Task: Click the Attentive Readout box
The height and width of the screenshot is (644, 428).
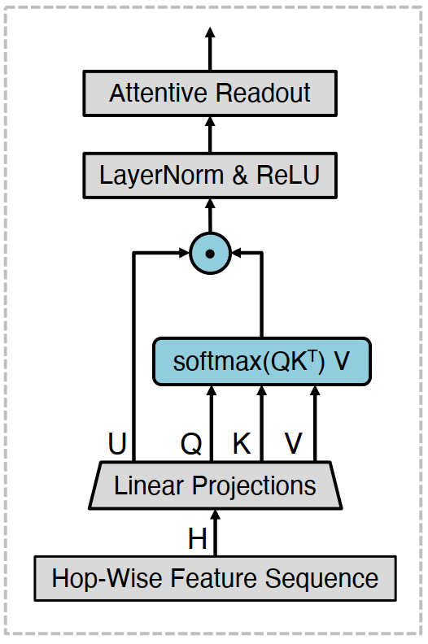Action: coord(210,94)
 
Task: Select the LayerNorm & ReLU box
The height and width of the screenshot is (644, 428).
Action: coord(210,176)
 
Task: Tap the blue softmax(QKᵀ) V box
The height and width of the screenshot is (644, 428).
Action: coord(262,361)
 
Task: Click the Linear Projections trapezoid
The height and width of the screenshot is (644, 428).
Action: coord(216,485)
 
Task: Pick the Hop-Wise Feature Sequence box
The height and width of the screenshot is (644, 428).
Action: coord(216,578)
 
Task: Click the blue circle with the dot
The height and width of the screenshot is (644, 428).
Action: coord(210,254)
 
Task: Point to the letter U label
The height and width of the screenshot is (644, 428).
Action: coord(117,444)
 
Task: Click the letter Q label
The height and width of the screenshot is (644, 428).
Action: coord(191,444)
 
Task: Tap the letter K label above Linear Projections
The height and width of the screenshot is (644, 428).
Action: coord(242,444)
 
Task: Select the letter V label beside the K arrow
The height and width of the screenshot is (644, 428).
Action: coord(294,444)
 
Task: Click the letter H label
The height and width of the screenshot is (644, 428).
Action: coord(198,539)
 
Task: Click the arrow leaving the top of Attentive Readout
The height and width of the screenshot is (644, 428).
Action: coord(210,49)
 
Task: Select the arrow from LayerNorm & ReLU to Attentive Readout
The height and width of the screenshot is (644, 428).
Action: coord(210,135)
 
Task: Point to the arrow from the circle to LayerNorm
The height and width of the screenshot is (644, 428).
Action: coord(210,216)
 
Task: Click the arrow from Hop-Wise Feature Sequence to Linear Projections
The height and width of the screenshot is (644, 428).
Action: coord(216,533)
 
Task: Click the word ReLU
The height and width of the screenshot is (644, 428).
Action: coord(288,175)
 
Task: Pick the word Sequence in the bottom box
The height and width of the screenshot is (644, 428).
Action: coord(321,579)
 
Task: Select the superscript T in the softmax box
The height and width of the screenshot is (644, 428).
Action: coord(312,356)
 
